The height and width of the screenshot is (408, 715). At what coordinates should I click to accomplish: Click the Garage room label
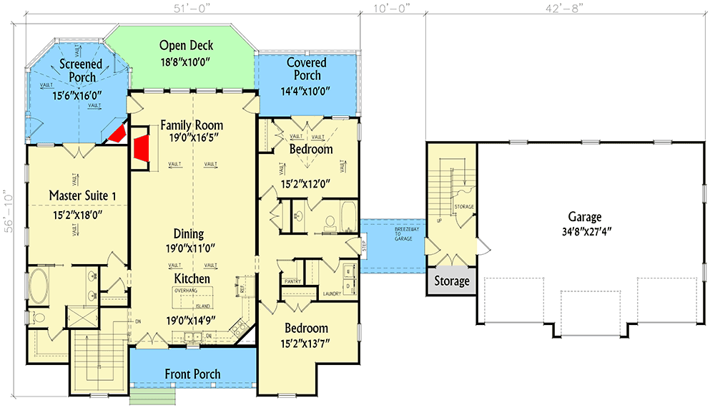click(x=584, y=217)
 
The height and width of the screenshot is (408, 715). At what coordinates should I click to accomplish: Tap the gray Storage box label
click(x=452, y=281)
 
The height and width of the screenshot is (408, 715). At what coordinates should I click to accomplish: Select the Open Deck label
click(x=186, y=46)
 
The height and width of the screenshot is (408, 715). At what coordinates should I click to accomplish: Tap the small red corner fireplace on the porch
click(x=116, y=134)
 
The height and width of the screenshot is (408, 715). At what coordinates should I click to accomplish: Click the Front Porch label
click(x=192, y=374)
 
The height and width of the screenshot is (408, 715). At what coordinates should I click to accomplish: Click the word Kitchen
click(x=192, y=278)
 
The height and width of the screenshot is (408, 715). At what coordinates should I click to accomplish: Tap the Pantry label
click(x=292, y=282)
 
